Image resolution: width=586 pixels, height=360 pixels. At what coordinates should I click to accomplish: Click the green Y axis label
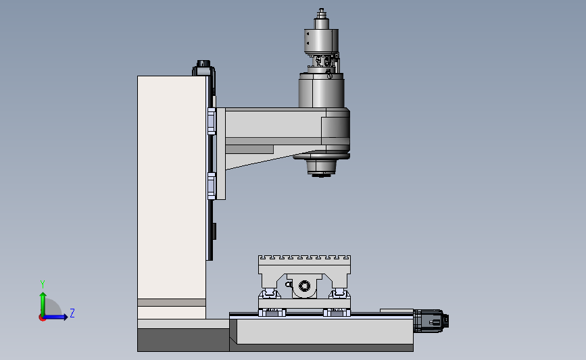pyautogui.click(x=42, y=284)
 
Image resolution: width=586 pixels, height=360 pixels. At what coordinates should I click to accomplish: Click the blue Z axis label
pyautogui.click(x=72, y=313)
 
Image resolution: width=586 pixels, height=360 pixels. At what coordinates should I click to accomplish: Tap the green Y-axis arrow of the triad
pyautogui.click(x=43, y=300)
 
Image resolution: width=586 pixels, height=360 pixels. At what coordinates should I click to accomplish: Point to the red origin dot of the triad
pyautogui.click(x=42, y=317)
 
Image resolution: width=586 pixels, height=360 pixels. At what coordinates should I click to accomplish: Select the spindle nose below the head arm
pyautogui.click(x=321, y=167)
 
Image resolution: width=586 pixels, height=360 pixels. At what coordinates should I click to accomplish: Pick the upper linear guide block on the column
pyautogui.click(x=211, y=122)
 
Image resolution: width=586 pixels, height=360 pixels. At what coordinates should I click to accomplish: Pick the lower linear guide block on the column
pyautogui.click(x=211, y=186)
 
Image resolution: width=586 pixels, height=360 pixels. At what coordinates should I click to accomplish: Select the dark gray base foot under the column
pyautogui.click(x=182, y=340)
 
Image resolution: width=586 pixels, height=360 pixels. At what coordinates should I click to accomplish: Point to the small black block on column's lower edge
pyautogui.click(x=215, y=232)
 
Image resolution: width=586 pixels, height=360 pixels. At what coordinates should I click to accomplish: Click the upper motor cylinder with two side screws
pyautogui.click(x=321, y=40)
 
